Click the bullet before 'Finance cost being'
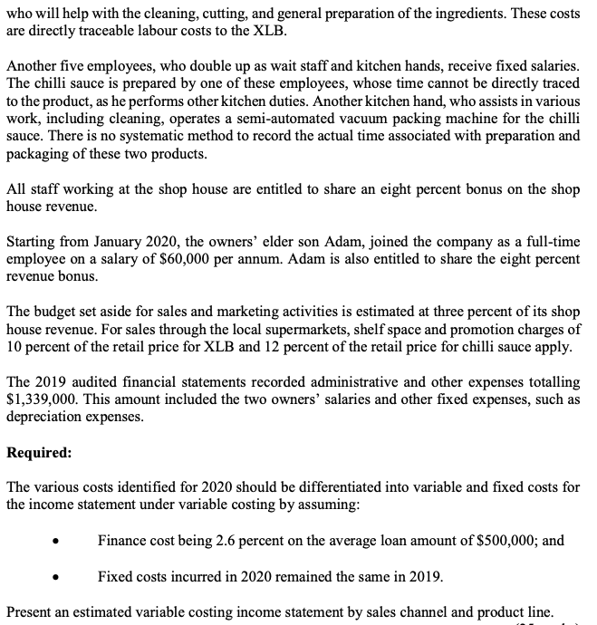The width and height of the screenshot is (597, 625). click(57, 542)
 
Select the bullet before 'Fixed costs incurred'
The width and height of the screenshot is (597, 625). click(57, 576)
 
